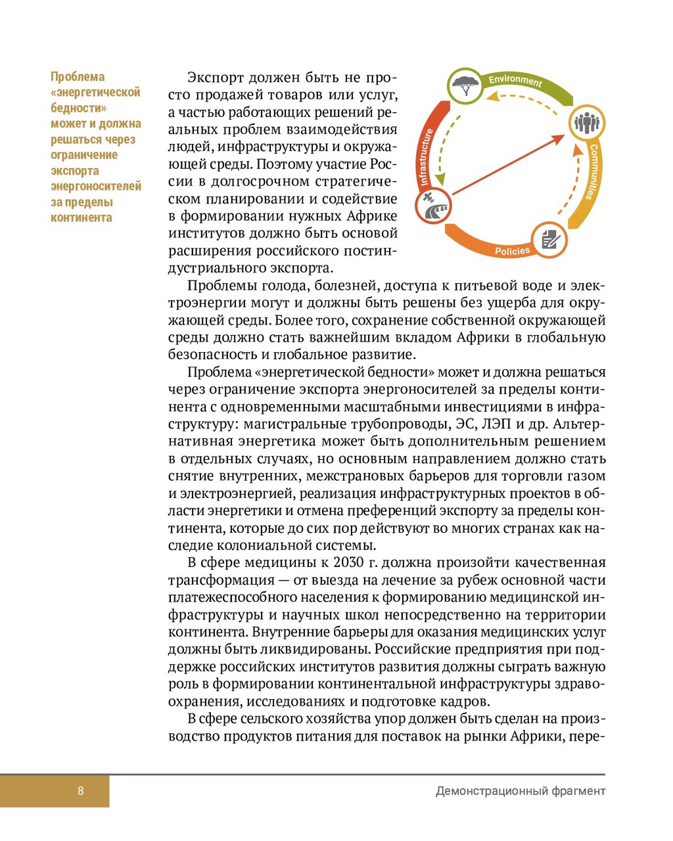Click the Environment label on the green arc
pyautogui.click(x=515, y=81)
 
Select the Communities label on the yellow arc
pyautogui.click(x=592, y=172)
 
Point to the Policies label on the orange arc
pyautogui.click(x=512, y=251)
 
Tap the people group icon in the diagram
pyautogui.click(x=586, y=122)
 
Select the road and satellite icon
pyautogui.click(x=434, y=206)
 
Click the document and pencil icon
pyautogui.click(x=549, y=240)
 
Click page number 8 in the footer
pyautogui.click(x=81, y=790)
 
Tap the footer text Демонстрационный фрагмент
pyautogui.click(x=520, y=791)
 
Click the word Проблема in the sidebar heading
pyautogui.click(x=78, y=77)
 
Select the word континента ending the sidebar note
pyautogui.click(x=81, y=217)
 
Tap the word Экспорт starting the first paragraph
pyautogui.click(x=214, y=78)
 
